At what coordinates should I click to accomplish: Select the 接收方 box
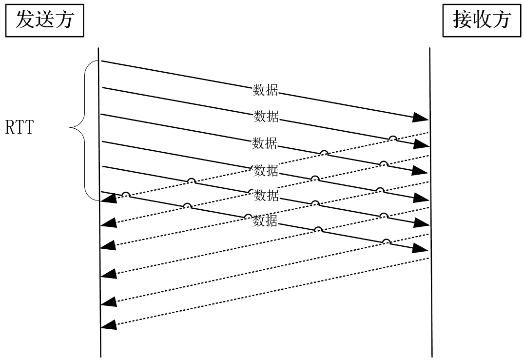click(482, 20)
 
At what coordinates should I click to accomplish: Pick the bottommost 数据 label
click(265, 221)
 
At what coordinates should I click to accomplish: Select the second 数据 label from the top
click(266, 116)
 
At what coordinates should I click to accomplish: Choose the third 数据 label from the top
click(264, 143)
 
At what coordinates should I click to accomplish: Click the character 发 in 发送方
click(24, 20)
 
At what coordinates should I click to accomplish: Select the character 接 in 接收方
click(464, 20)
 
